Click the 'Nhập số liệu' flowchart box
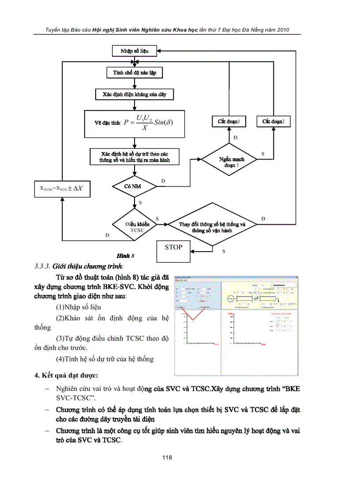(135, 51)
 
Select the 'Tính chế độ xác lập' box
(133, 72)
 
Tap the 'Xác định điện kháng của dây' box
(134, 94)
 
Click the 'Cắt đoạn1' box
(229, 121)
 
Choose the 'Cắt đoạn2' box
(274, 121)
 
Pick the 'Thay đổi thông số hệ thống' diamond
(212, 225)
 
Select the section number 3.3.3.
(42, 266)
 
